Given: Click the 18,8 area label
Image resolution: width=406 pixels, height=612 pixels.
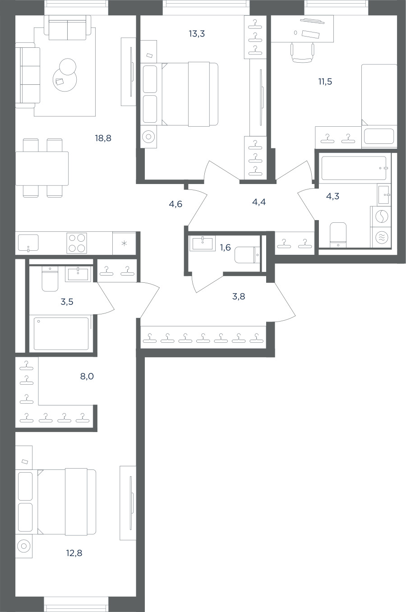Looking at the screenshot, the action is coord(103,138).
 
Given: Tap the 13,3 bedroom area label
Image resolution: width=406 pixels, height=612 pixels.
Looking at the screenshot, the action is coord(197,34).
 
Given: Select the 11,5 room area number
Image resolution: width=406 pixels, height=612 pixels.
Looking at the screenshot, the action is coord(325,82).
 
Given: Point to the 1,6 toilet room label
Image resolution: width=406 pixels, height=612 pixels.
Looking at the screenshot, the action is coord(226,247).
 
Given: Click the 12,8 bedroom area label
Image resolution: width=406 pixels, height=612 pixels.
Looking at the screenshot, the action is coord(74,553).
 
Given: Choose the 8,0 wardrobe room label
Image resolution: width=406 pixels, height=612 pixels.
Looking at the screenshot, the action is coord(87,377).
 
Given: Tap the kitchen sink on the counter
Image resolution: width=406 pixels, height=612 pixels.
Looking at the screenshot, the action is coord(28,243).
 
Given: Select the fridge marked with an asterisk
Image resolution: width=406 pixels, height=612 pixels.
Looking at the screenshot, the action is coord(125,243).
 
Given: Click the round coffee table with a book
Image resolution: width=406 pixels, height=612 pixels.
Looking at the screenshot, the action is coord(65,79).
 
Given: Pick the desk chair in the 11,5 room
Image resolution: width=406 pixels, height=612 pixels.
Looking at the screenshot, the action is coord(302,53).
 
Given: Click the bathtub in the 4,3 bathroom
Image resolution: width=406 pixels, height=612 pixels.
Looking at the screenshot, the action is coord(355,168).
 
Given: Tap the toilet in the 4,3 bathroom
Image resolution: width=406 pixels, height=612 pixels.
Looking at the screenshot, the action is coord(338,235).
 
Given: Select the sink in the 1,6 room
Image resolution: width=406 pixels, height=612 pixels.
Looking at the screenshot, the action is coord(202,244).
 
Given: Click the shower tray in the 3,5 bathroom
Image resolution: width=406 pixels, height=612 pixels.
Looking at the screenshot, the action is coord(61,333).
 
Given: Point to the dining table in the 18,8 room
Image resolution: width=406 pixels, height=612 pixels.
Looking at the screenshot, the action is coord(42,168).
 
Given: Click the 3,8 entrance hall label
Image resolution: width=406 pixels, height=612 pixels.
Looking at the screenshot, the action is coord(239,296).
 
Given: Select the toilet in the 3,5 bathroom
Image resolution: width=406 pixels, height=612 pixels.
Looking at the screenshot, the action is coord(50,279).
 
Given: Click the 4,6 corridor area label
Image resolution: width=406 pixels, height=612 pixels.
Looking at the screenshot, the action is coord(175,204).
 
